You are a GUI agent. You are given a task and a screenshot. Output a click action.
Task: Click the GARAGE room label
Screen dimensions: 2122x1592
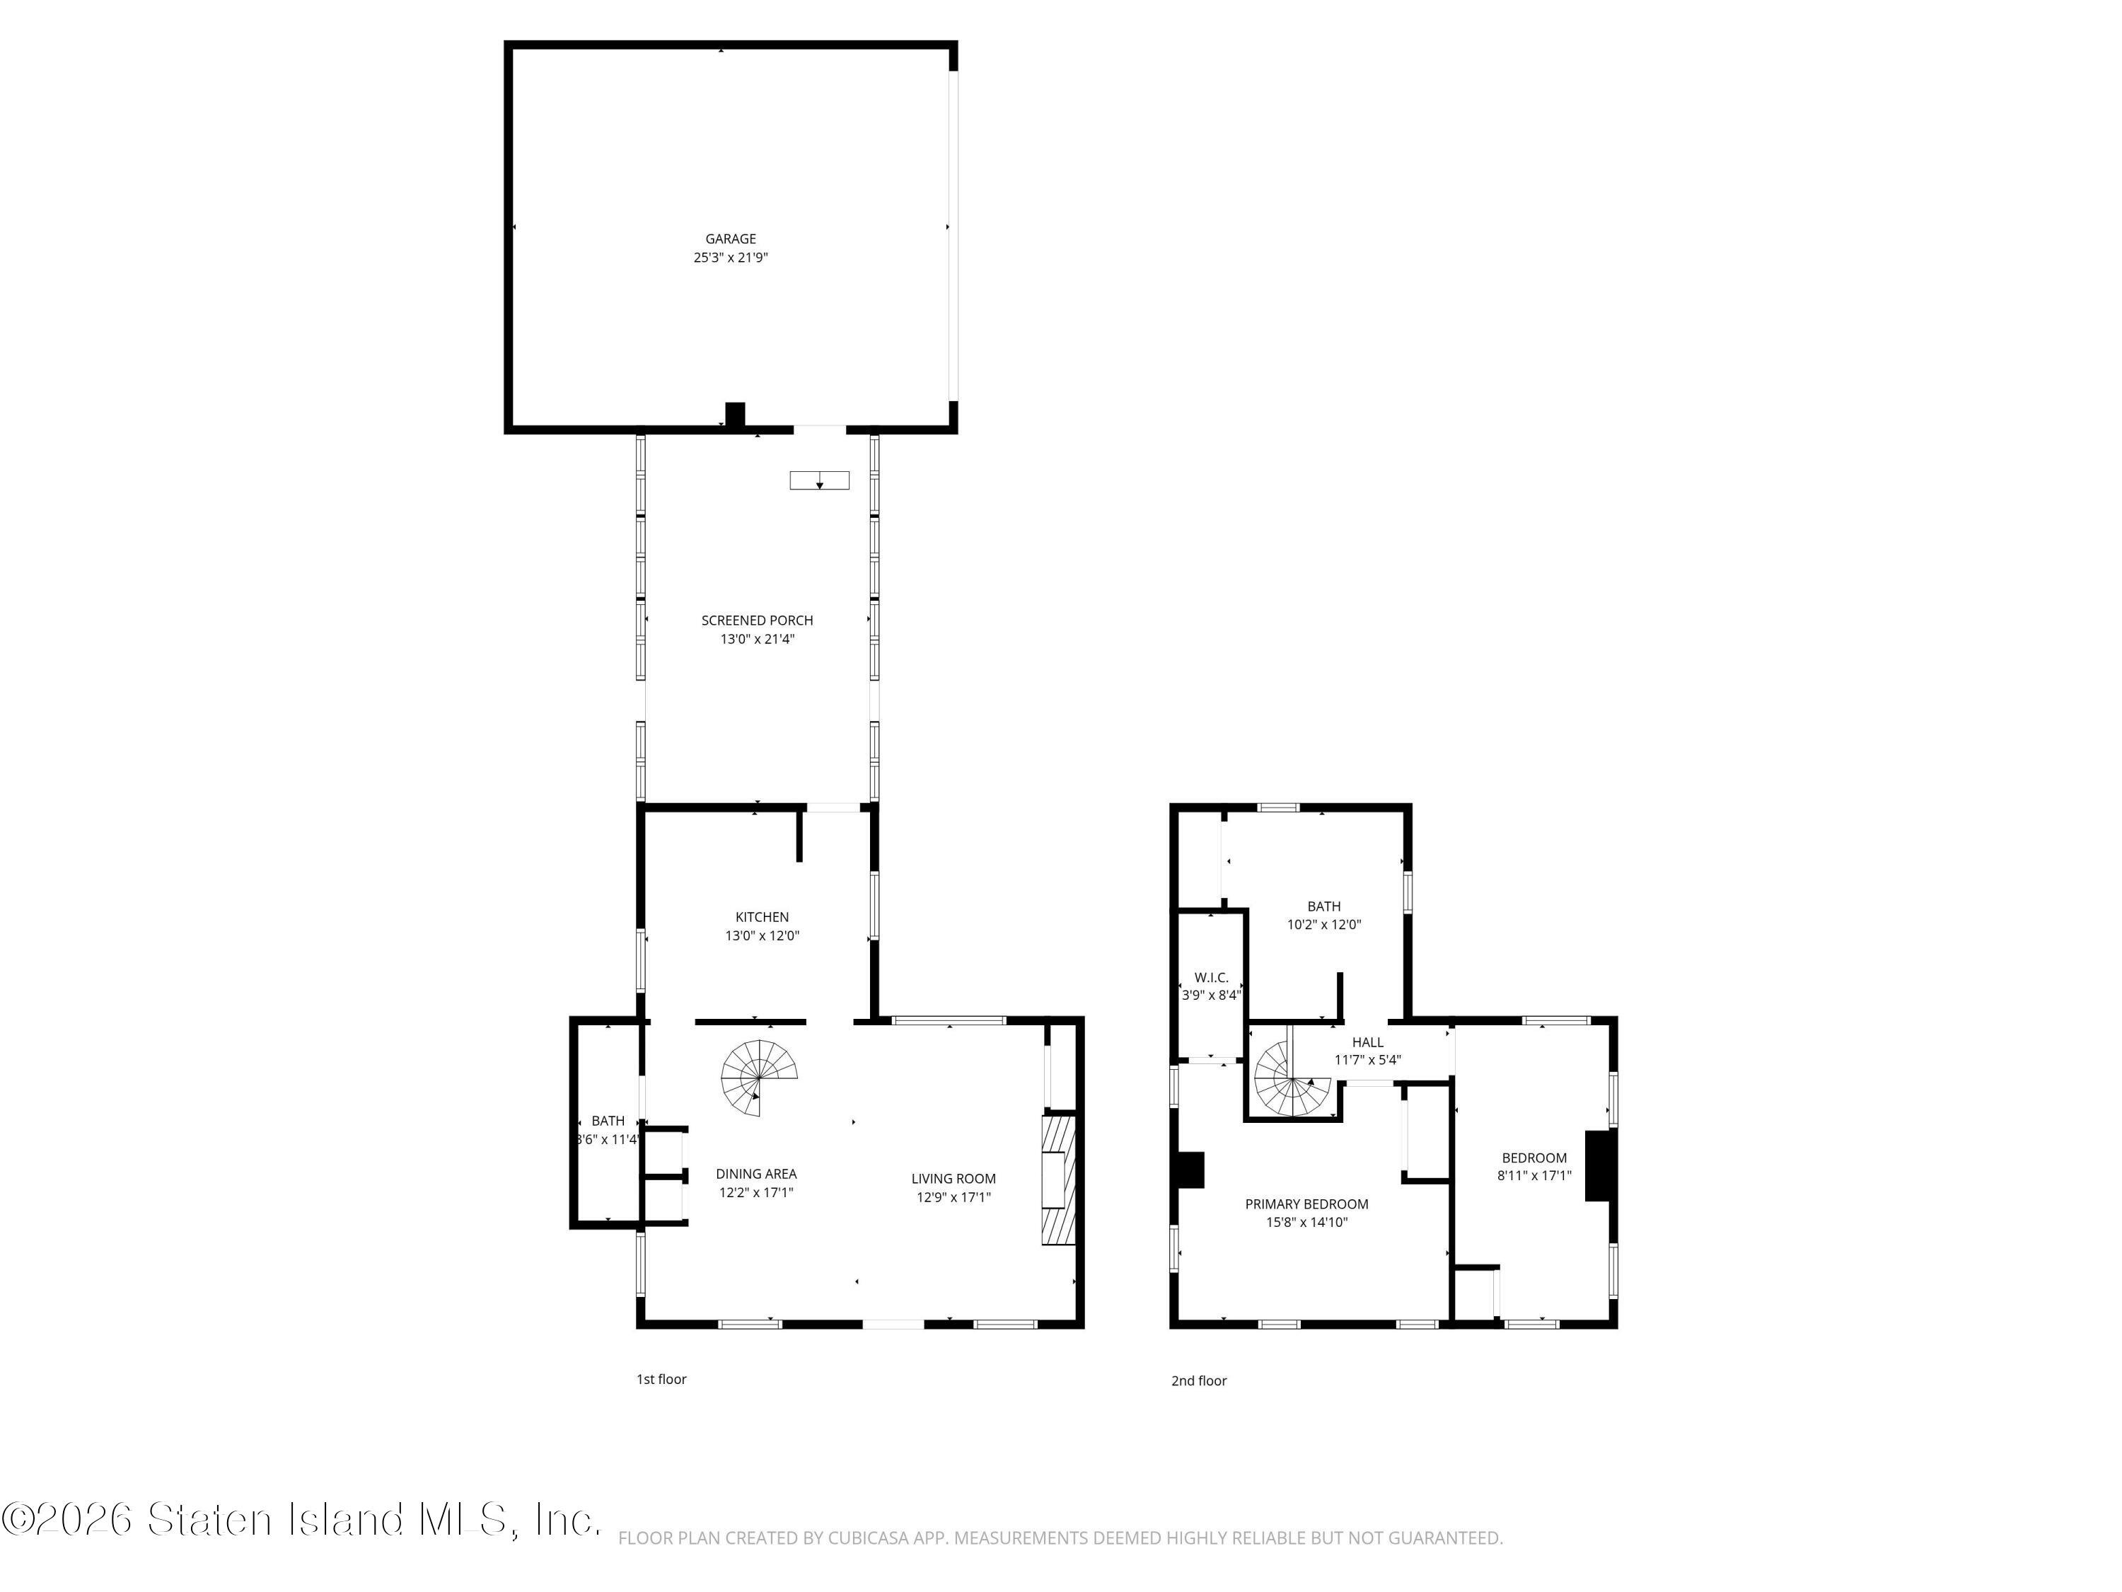[731, 239]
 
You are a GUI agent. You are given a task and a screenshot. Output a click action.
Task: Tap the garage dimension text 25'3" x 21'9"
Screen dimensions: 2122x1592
[731, 257]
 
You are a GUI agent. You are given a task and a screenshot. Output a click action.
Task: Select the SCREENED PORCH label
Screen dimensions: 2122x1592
[757, 621]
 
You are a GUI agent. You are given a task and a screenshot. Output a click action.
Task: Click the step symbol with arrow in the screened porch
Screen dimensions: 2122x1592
[819, 480]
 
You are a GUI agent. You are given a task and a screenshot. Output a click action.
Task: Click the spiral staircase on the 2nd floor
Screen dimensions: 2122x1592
[1291, 1080]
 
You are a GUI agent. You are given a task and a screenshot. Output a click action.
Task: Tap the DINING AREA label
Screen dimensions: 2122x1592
[756, 1174]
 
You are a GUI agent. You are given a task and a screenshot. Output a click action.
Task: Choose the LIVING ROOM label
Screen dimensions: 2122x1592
[953, 1178]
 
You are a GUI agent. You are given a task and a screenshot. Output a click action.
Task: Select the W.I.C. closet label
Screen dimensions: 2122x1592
[1211, 978]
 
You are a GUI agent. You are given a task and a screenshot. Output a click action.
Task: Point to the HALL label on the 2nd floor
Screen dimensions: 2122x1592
[1367, 1042]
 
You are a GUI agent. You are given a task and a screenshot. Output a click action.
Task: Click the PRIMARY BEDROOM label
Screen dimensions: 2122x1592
[1306, 1204]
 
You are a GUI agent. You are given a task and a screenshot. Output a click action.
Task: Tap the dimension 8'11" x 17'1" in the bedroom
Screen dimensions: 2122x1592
[1534, 1175]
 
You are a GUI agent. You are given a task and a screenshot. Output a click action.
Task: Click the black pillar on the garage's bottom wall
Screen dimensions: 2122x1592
[735, 415]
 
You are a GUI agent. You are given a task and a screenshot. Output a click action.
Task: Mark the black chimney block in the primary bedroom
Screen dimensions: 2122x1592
[1190, 1170]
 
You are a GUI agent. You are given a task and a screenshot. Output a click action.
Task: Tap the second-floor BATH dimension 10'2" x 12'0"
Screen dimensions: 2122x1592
[1324, 925]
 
